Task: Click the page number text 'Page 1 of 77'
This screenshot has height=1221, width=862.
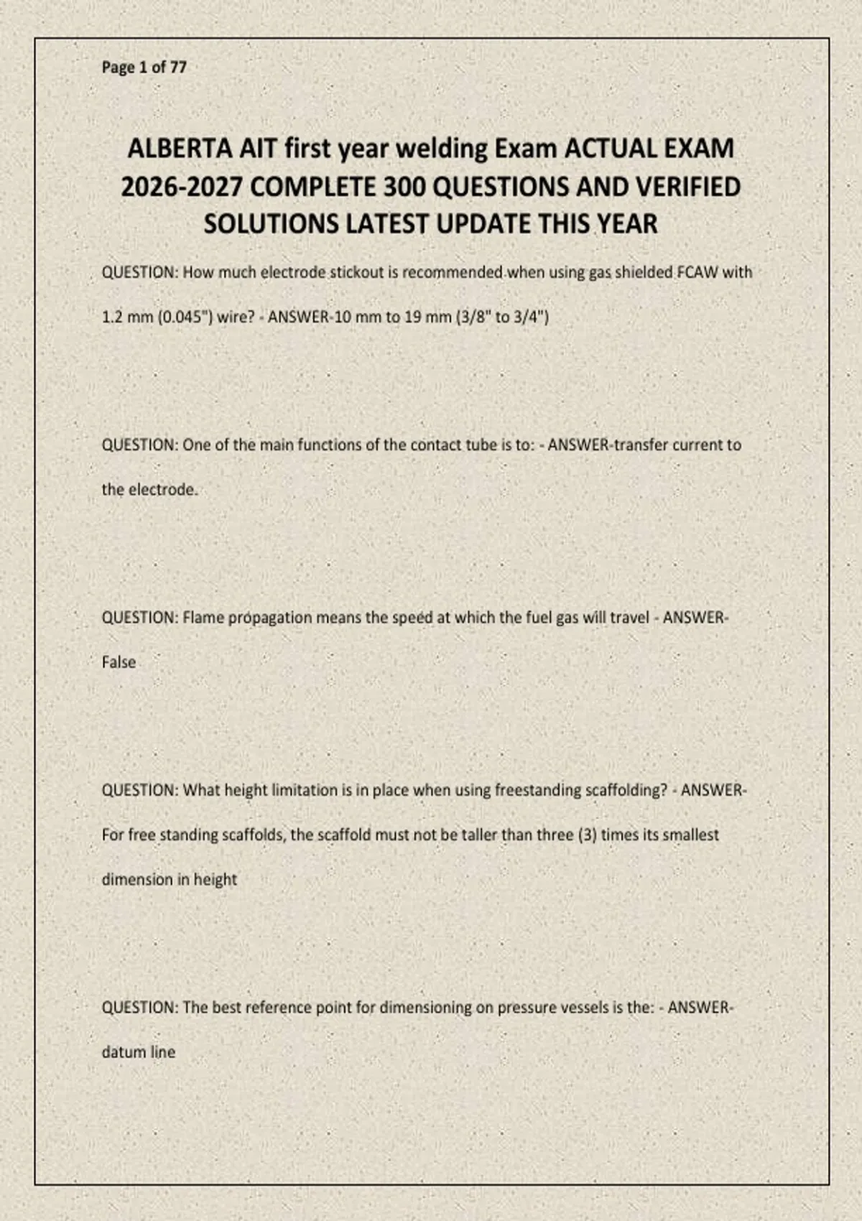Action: click(x=144, y=68)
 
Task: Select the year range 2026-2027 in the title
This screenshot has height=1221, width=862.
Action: click(x=182, y=187)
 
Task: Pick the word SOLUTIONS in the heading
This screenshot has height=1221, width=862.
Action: click(x=271, y=224)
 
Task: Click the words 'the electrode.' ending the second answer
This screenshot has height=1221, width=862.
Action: click(x=149, y=490)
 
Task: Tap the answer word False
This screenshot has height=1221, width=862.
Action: click(x=119, y=662)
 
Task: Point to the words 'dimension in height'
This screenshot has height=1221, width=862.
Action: click(x=169, y=880)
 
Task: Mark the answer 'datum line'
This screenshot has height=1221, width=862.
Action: click(x=138, y=1052)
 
